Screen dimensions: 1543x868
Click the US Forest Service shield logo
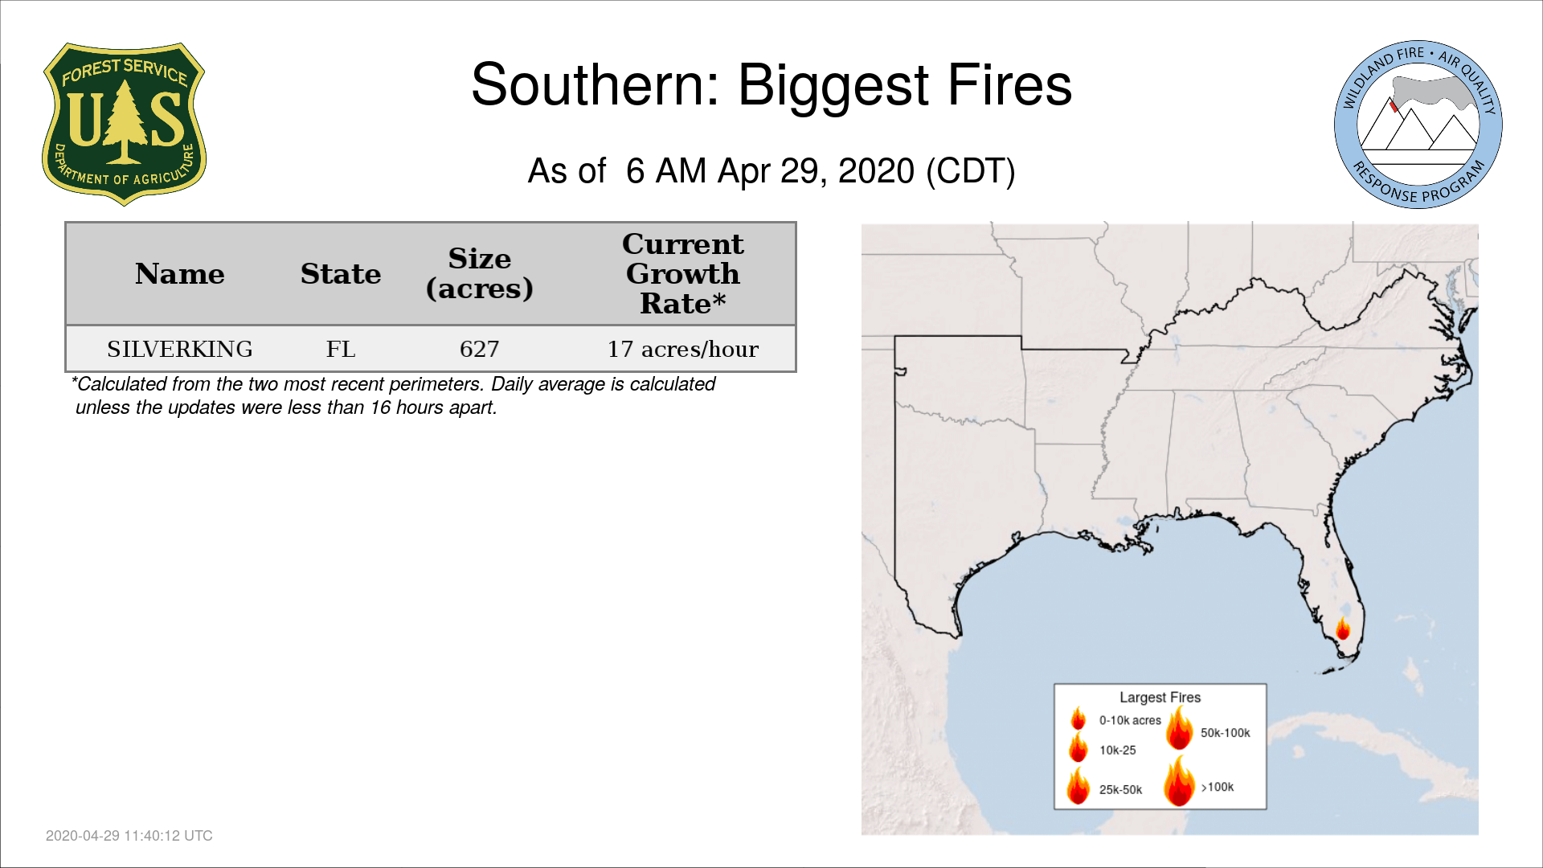pos(124,125)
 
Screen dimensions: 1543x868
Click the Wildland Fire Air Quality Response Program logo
pos(1418,125)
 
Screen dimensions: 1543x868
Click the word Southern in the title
pos(595,84)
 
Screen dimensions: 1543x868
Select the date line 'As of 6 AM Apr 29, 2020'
pos(771,171)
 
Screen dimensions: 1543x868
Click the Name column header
pos(180,274)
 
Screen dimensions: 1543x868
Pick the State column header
pos(341,274)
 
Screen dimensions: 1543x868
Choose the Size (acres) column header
pos(480,273)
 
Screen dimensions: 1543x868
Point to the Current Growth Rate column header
pos(683,273)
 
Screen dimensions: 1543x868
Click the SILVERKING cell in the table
pos(180,349)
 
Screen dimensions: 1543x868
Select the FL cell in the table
pos(341,349)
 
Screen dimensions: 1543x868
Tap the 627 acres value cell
pos(480,349)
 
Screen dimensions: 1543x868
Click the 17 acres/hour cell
pos(683,349)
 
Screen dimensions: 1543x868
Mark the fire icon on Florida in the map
pos(1343,628)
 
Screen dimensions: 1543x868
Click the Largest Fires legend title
pos(1160,698)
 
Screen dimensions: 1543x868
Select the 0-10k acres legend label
pos(1130,721)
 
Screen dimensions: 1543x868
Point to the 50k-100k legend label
pos(1226,733)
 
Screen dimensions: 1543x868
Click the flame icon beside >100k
pos(1180,780)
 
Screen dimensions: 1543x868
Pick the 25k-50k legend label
pos(1120,790)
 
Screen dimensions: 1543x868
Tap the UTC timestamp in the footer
pos(129,836)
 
